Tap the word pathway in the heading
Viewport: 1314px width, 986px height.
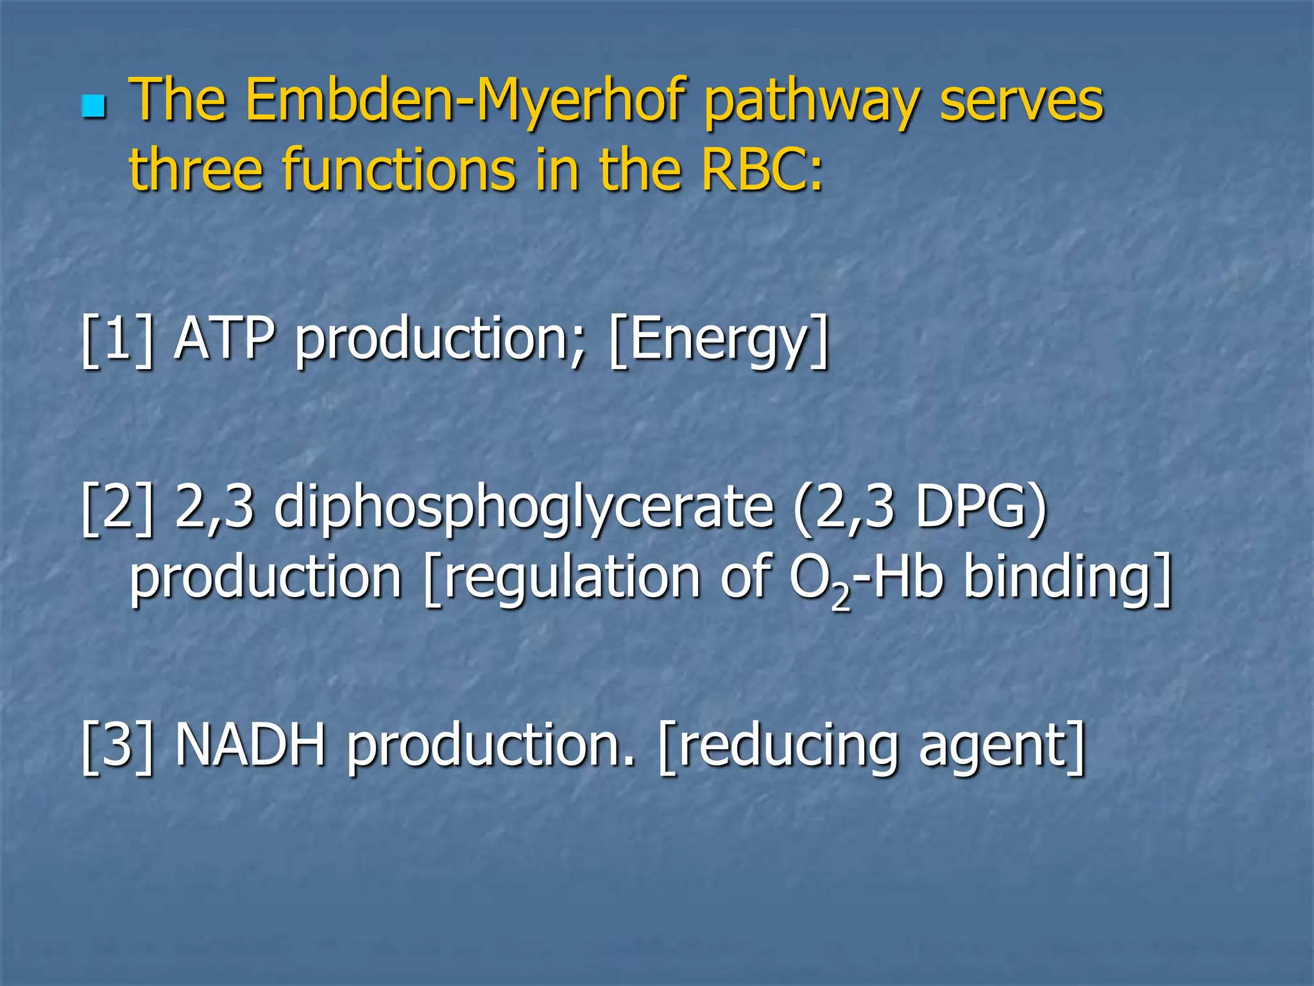coord(812,103)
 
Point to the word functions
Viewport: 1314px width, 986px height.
coord(400,169)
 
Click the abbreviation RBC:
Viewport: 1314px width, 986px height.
coord(762,169)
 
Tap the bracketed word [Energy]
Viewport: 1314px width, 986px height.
coord(719,342)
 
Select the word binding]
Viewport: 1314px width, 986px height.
coord(1068,579)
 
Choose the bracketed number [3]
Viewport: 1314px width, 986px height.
coord(117,745)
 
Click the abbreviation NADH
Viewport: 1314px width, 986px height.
coord(250,745)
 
